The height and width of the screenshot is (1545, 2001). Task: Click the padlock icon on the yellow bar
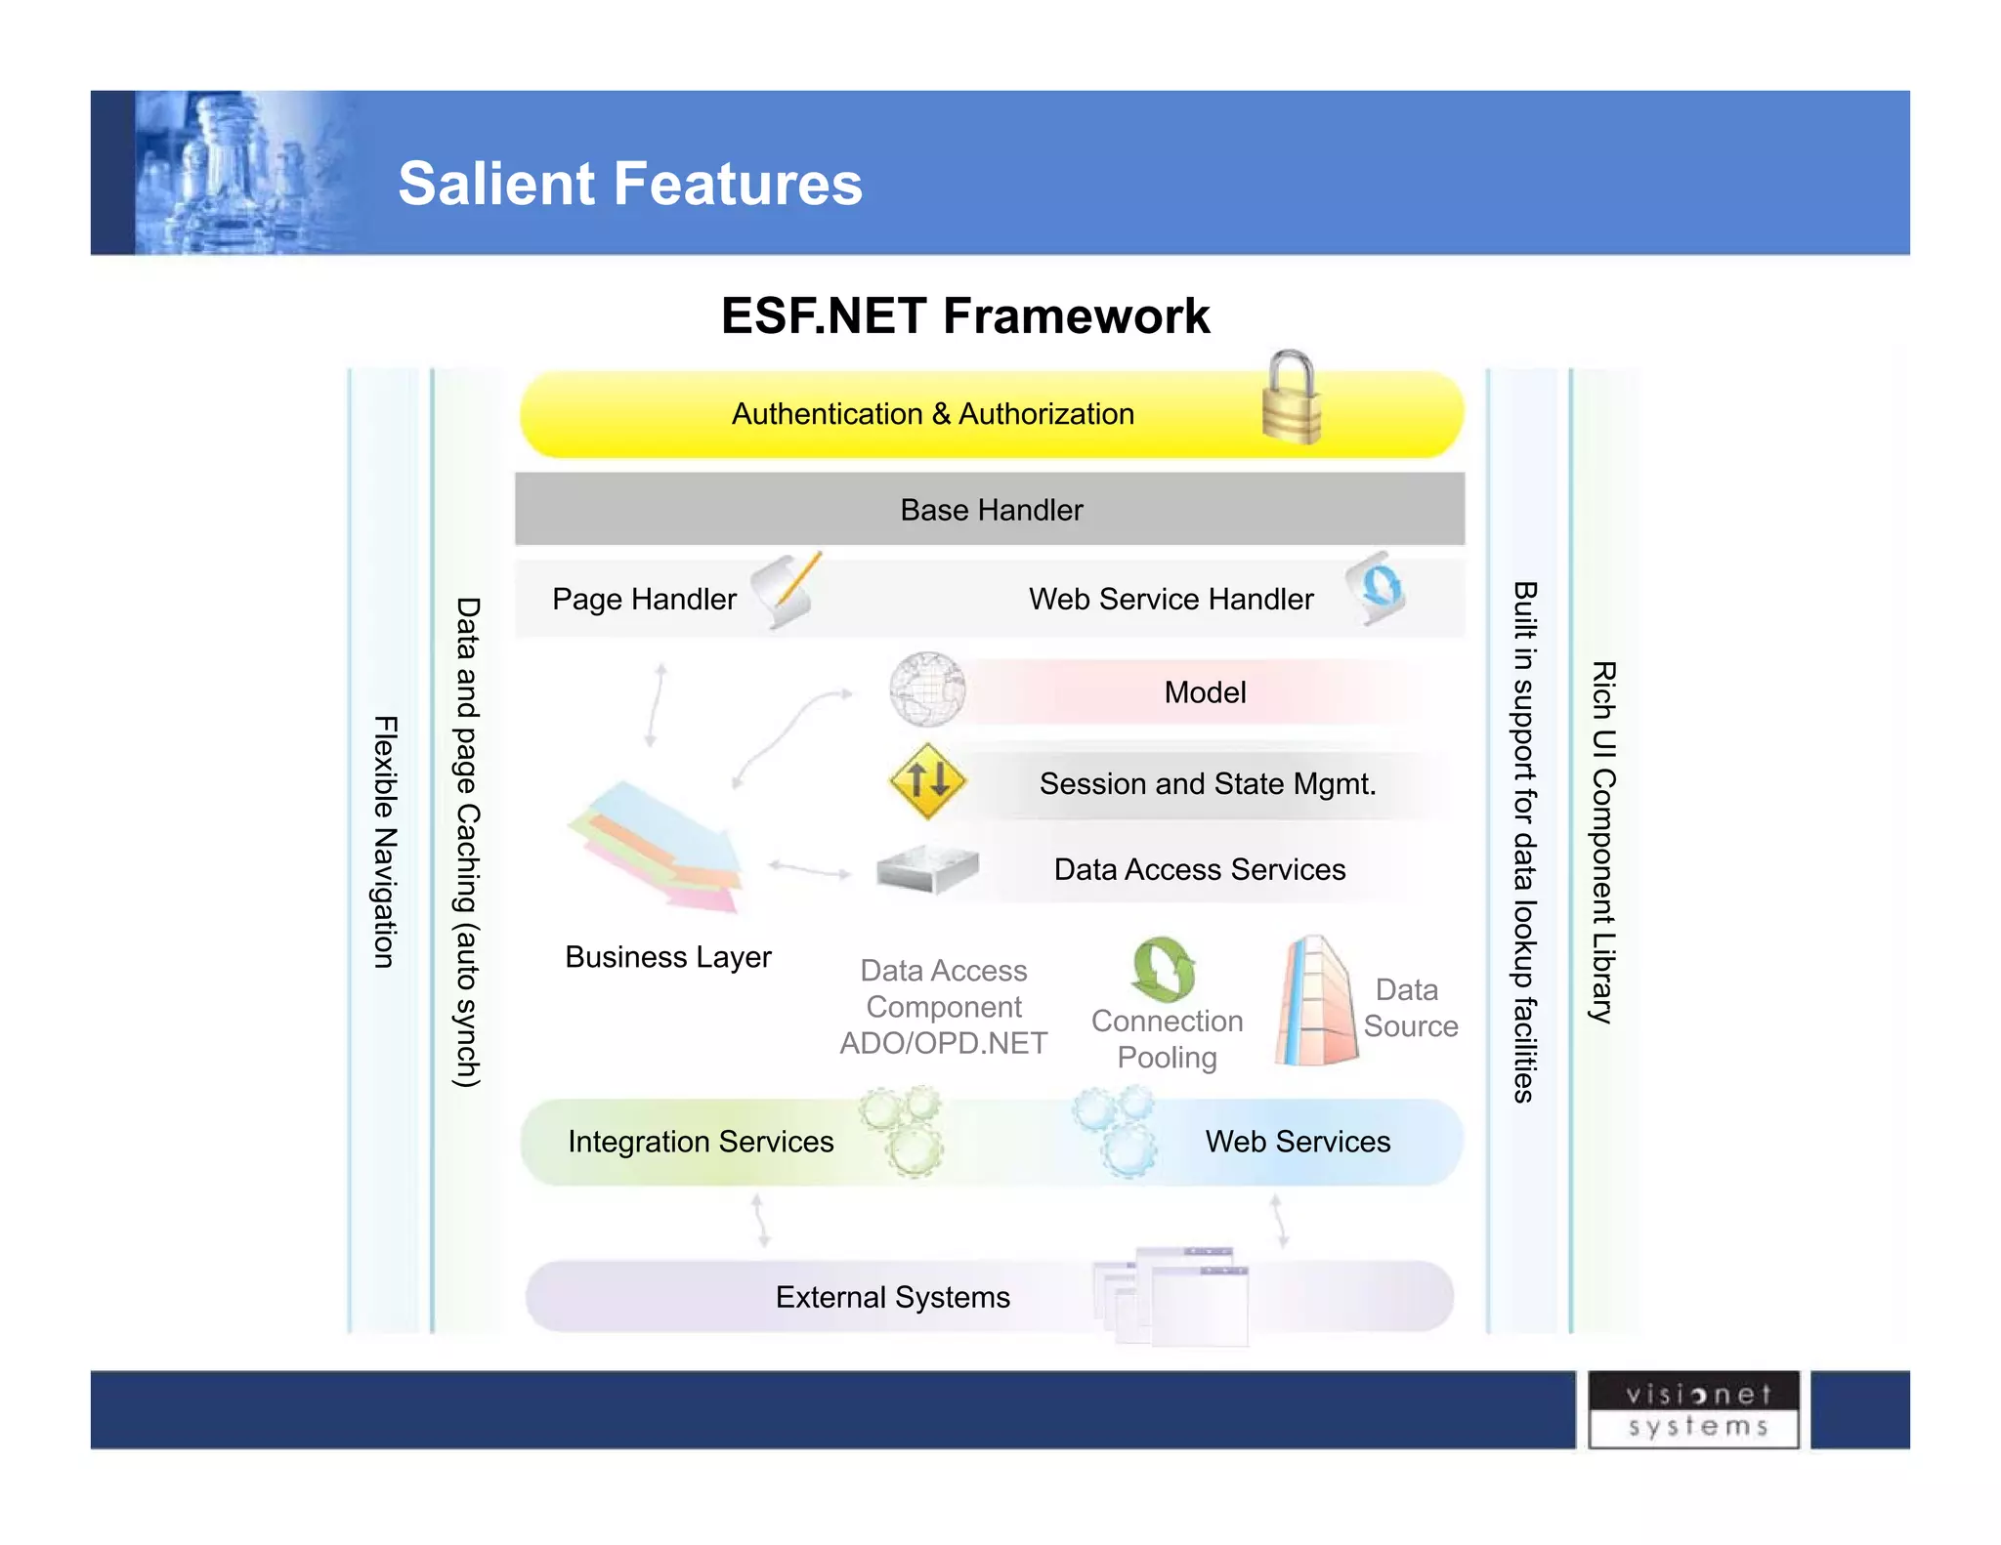(x=1292, y=399)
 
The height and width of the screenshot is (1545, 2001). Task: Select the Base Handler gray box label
(x=991, y=510)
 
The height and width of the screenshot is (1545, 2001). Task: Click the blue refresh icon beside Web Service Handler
(x=1376, y=589)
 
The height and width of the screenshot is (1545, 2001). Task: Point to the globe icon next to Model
(x=926, y=690)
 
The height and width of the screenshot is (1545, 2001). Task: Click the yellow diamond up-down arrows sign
(x=927, y=780)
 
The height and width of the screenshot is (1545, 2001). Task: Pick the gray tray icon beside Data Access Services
(x=926, y=868)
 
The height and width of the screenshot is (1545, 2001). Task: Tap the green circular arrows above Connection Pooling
(x=1163, y=970)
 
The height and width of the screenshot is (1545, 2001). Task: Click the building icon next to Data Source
(x=1315, y=1002)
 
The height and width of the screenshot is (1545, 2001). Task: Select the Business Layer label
(x=668, y=957)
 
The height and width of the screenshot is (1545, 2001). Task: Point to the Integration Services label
(x=701, y=1142)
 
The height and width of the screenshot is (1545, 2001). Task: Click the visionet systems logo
(x=1695, y=1410)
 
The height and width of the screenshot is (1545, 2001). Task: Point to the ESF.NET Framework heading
(x=965, y=316)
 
